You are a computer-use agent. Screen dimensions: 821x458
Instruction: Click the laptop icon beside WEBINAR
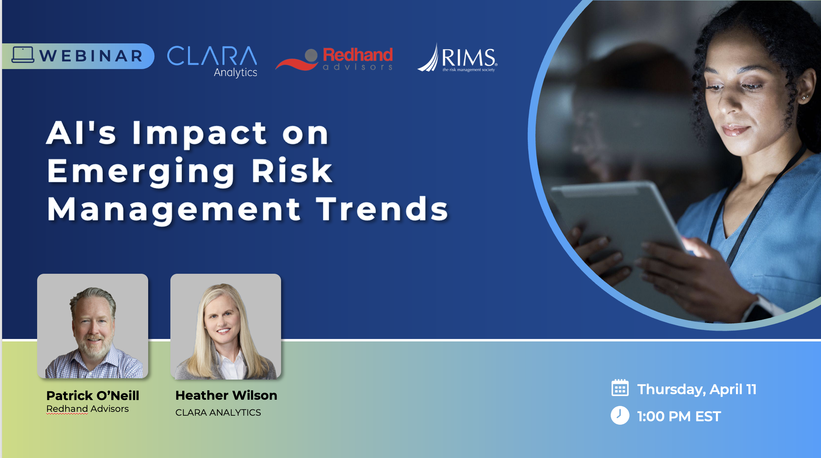click(23, 55)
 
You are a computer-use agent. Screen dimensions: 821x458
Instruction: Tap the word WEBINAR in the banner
click(91, 56)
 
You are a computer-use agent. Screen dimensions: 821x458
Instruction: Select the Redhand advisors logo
click(334, 59)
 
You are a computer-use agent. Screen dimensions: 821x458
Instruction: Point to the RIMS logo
click(457, 58)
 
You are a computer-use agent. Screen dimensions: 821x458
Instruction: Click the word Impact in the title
click(199, 134)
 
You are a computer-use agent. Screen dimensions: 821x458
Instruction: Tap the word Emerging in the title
click(141, 172)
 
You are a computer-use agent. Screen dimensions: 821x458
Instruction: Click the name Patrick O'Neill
click(93, 396)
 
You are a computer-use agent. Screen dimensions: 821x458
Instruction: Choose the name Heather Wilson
click(226, 395)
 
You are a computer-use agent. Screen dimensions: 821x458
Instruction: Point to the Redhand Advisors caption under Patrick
click(87, 409)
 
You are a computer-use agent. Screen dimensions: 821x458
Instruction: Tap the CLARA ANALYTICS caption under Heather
click(218, 413)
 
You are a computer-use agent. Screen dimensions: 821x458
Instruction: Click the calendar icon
click(620, 388)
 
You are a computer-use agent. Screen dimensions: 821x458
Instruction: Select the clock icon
click(620, 415)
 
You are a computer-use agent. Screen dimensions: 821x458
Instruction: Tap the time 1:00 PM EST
click(679, 416)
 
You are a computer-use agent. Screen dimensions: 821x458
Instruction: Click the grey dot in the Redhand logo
click(311, 56)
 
